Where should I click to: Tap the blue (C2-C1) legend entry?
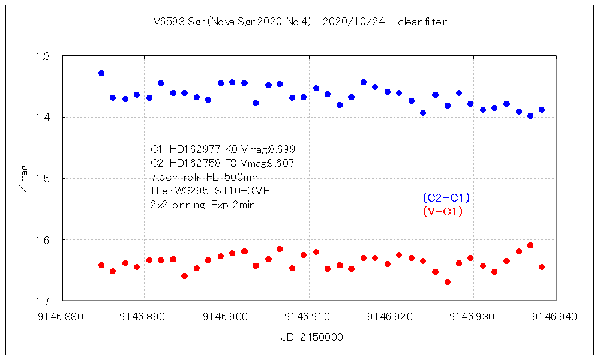click(446, 197)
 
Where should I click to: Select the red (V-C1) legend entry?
click(443, 211)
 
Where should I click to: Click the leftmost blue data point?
click(101, 73)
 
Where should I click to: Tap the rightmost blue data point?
click(542, 110)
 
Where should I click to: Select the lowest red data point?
click(448, 282)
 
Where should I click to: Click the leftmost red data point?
click(101, 265)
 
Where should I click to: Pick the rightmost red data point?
click(542, 267)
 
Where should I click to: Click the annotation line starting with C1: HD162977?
click(223, 149)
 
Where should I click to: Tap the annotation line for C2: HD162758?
click(222, 163)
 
